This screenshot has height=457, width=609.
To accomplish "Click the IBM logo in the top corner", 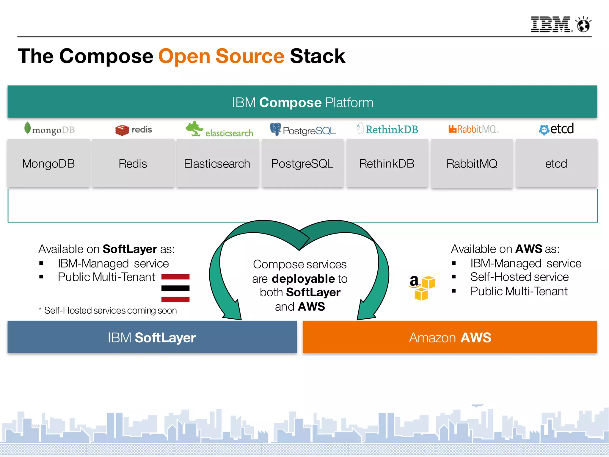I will [x=550, y=24].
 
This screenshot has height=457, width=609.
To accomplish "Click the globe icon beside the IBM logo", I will [x=583, y=25].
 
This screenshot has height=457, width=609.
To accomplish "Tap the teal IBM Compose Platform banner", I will [x=302, y=102].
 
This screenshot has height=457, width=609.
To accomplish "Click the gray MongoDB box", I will [x=48, y=163].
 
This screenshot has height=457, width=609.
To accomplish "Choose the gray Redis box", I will [x=133, y=163].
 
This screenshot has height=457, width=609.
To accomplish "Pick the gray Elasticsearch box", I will [x=217, y=163].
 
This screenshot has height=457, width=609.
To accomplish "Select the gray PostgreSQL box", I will [x=302, y=163].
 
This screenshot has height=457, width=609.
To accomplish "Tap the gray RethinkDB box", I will [x=387, y=163].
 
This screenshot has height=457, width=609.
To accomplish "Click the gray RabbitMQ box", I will [x=472, y=164].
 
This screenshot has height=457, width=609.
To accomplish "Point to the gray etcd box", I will [x=556, y=163].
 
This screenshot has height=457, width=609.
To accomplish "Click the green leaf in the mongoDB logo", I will [x=27, y=128].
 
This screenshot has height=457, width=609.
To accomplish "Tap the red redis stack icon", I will [x=122, y=130].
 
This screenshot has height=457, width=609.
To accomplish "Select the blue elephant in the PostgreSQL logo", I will [x=275, y=129].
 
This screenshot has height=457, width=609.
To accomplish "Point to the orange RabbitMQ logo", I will [x=473, y=129].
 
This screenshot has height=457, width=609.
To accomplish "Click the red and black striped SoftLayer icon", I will [x=175, y=288].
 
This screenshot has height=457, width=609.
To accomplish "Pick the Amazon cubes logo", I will [x=422, y=287].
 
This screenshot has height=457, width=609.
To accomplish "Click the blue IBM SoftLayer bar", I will [x=152, y=337].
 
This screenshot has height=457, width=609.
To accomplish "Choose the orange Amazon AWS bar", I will [x=450, y=337].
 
